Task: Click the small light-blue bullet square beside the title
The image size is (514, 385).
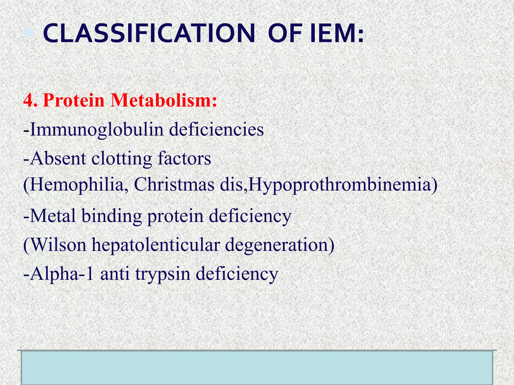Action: [x=29, y=33]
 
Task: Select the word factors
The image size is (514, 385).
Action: [x=184, y=159]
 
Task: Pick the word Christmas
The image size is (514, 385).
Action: [x=174, y=185]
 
